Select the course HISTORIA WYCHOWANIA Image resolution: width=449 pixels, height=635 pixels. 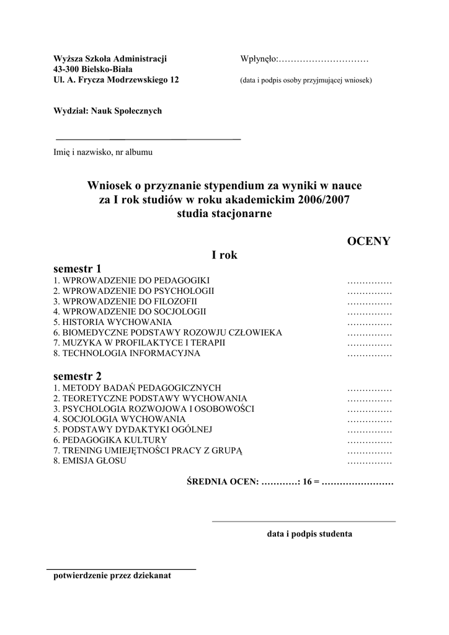tap(112, 322)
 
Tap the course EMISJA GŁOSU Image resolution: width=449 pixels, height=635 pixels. tap(89, 461)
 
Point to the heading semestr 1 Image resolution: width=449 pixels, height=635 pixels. tap(77, 269)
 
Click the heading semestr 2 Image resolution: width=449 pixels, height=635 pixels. tap(77, 376)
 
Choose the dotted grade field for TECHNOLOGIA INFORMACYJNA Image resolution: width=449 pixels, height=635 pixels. tap(370, 354)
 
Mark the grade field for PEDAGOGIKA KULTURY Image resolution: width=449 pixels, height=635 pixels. tap(370, 440)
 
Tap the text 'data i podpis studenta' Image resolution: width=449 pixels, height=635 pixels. tap(309, 533)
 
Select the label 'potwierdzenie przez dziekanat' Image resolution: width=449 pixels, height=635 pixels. tap(112, 575)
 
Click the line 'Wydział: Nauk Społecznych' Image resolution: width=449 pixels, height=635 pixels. tap(107, 110)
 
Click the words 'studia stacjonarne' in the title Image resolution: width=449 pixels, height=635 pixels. tap(225, 213)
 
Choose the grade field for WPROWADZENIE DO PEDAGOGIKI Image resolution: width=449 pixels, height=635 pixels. tap(370, 280)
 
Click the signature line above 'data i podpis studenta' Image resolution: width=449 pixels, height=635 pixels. tap(304, 522)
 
